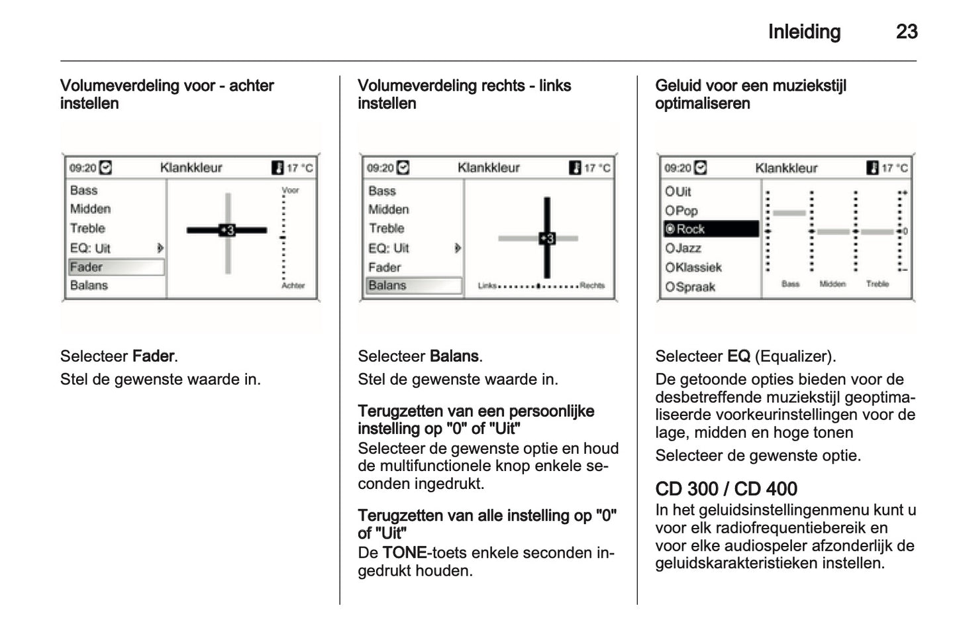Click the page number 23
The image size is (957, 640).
point(906,32)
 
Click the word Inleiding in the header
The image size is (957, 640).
point(804,32)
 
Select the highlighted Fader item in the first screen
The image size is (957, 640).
point(116,267)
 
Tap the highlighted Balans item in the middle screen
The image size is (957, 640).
point(413,286)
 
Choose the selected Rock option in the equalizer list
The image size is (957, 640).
point(711,229)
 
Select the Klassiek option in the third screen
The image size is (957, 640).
point(693,268)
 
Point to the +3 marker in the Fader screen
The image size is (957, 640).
point(227,231)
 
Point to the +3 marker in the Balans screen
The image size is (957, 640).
point(547,239)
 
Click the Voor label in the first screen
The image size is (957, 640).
point(290,190)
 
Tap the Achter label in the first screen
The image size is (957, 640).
point(293,286)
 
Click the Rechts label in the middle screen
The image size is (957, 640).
point(592,286)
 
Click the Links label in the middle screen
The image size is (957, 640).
point(487,286)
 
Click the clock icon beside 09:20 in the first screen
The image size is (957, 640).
point(105,168)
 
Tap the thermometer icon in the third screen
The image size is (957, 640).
point(872,168)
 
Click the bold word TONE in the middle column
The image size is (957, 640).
point(404,553)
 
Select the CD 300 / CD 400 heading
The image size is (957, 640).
point(726,489)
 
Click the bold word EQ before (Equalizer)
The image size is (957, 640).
point(738,356)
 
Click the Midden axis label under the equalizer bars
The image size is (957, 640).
point(832,284)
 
